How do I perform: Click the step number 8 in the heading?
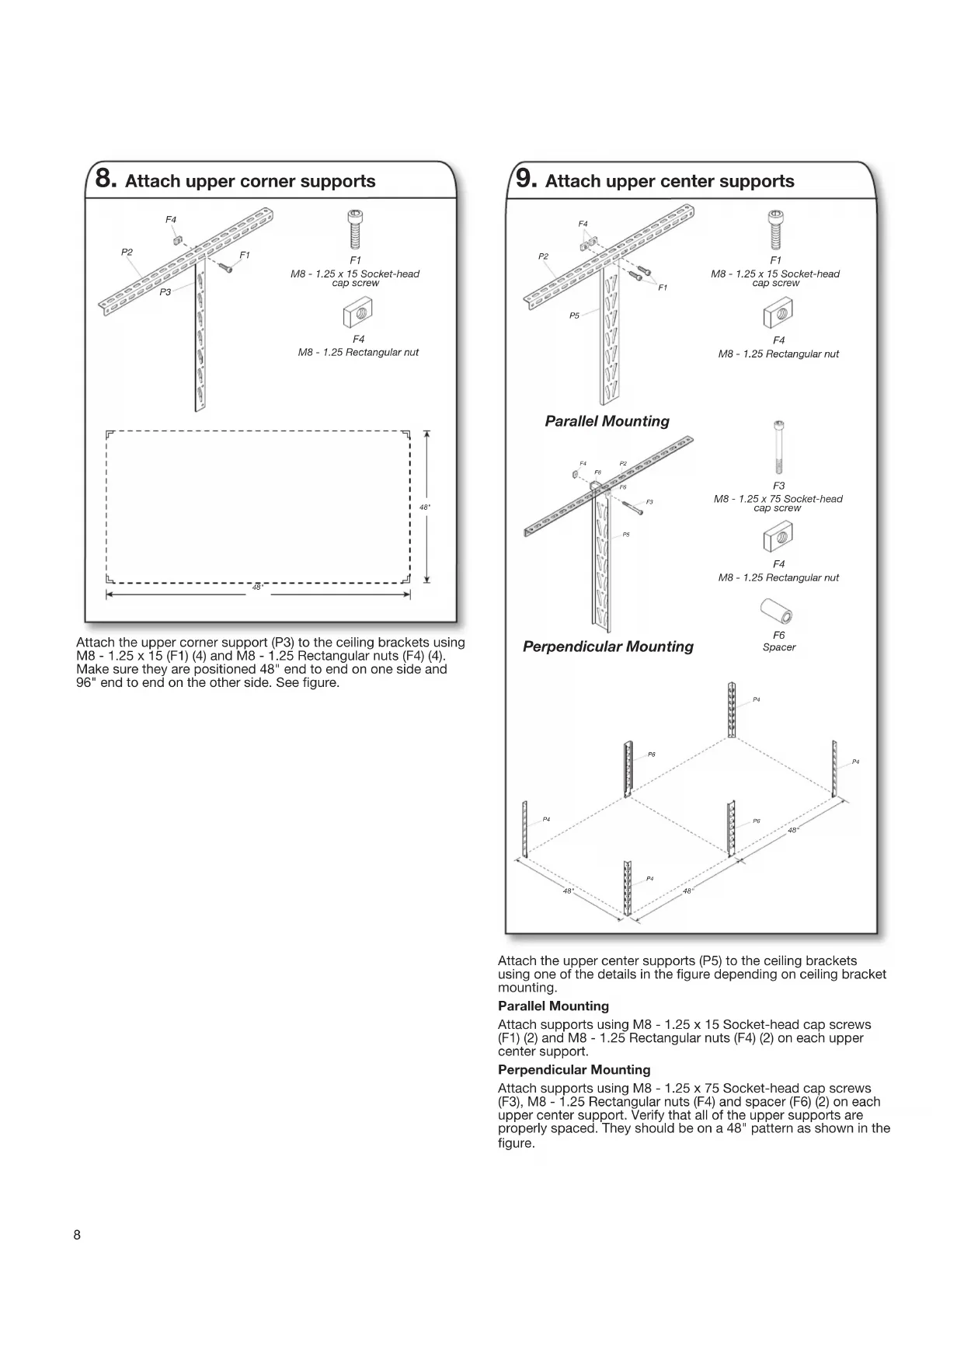click(106, 179)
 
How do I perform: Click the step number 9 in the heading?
click(526, 179)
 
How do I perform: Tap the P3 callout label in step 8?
click(165, 292)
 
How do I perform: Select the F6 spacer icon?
click(778, 613)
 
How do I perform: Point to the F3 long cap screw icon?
click(778, 447)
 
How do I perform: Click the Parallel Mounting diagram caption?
click(607, 421)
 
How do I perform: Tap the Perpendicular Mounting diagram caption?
click(607, 647)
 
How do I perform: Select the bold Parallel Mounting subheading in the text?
click(553, 1006)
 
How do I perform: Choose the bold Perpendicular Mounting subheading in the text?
click(574, 1070)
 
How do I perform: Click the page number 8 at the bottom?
click(77, 1236)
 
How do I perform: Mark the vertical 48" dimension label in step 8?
click(425, 507)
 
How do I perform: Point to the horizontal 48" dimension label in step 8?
click(258, 587)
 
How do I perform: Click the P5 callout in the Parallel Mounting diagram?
click(574, 315)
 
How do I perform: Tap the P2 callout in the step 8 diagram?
click(127, 252)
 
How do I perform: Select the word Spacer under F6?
click(779, 647)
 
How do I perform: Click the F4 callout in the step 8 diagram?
click(171, 220)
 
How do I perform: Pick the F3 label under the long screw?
click(778, 486)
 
